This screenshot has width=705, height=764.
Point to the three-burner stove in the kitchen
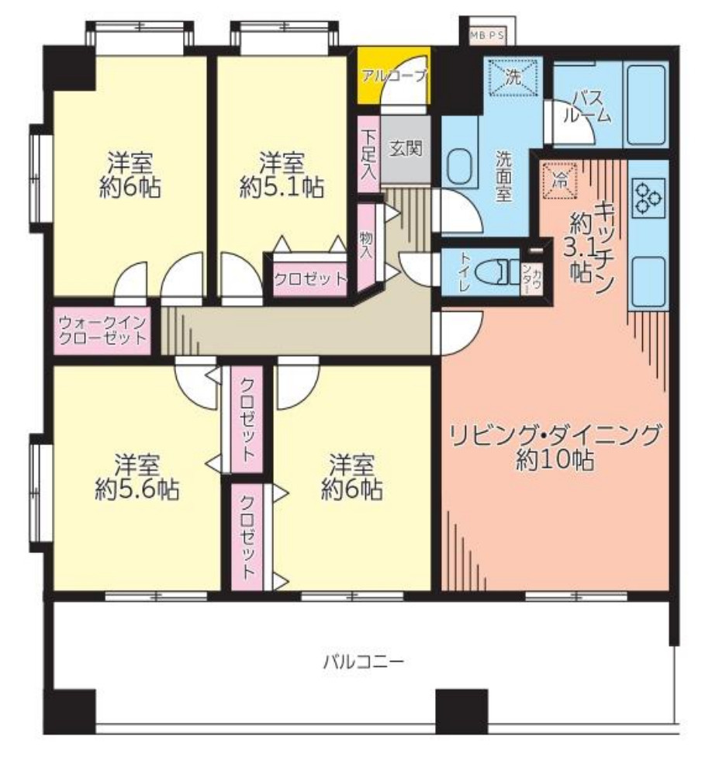pos(649,195)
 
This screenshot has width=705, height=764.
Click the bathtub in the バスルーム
pos(647,105)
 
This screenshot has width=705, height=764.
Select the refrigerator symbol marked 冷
pos(559,181)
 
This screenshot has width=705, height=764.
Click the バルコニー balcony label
pos(364,662)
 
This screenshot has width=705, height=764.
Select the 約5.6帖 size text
pos(137,489)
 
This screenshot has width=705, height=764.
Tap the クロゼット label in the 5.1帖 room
pos(309,280)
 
